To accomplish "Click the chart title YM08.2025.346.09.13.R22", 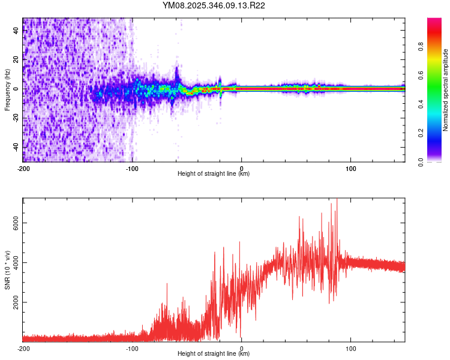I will click(x=214, y=5).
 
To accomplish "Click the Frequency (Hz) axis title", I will click(x=7, y=89).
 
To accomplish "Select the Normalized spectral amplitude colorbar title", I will click(x=445, y=89).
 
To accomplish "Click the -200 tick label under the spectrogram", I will click(x=23, y=167).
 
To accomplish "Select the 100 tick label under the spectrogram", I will click(x=350, y=167).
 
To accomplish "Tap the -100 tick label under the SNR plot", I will click(x=133, y=348).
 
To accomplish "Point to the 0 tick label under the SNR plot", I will click(x=242, y=348).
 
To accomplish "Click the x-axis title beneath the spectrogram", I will click(x=214, y=174).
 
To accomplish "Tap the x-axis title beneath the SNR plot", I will click(x=214, y=355).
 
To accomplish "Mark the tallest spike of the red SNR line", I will click(x=337, y=200).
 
